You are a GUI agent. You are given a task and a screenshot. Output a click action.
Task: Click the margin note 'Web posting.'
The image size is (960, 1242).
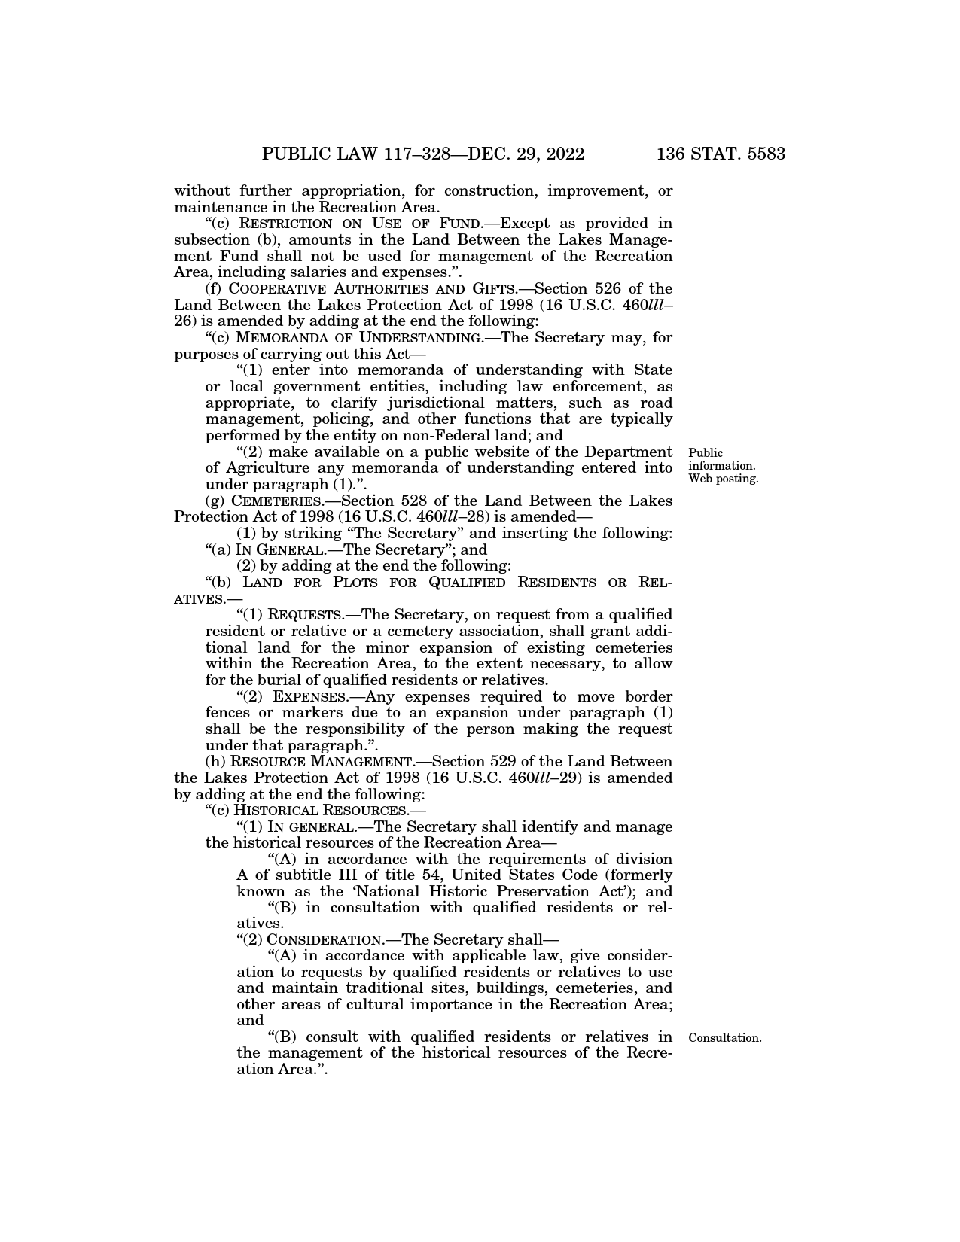coord(723,479)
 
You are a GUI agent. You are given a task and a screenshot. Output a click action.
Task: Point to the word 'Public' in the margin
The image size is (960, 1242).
coord(706,453)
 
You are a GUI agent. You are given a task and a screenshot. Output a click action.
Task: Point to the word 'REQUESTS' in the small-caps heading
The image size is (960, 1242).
coord(312,615)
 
